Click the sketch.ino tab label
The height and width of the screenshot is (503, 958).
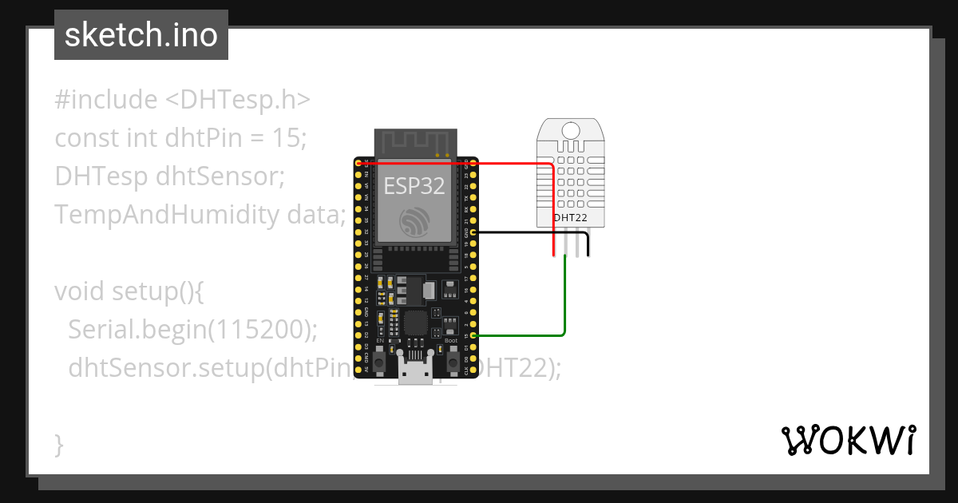[x=141, y=35]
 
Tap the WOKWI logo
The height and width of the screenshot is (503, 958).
[x=848, y=440]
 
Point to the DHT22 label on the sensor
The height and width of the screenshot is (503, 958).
[x=570, y=217]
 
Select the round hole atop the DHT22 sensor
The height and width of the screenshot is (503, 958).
[x=571, y=130]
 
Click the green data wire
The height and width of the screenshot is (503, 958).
[x=565, y=303]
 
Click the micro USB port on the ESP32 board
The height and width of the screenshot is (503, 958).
[x=415, y=373]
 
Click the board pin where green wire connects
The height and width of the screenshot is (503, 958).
[x=474, y=336]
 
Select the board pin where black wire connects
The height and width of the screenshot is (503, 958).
[x=474, y=232]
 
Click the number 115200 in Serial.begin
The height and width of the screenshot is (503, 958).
[x=259, y=329]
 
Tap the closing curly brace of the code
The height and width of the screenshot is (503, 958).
[x=59, y=444]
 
